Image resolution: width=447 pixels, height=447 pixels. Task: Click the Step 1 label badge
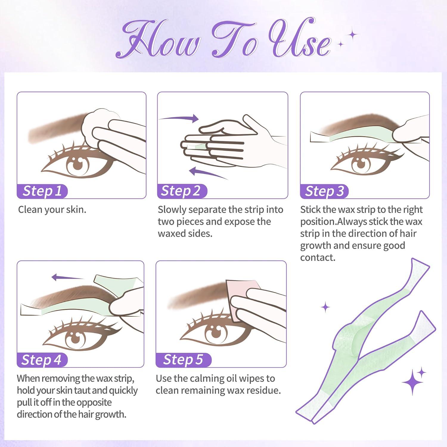click(x=42, y=191)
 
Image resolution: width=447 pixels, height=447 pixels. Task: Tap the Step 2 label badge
click(x=181, y=191)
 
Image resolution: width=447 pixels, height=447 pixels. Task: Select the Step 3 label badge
click(x=324, y=191)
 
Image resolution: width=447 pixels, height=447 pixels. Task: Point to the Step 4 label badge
click(x=41, y=360)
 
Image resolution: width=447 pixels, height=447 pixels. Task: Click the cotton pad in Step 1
click(x=94, y=124)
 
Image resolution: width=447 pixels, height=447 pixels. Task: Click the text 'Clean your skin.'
click(x=52, y=209)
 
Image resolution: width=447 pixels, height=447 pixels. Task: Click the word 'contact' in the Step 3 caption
click(x=317, y=257)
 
